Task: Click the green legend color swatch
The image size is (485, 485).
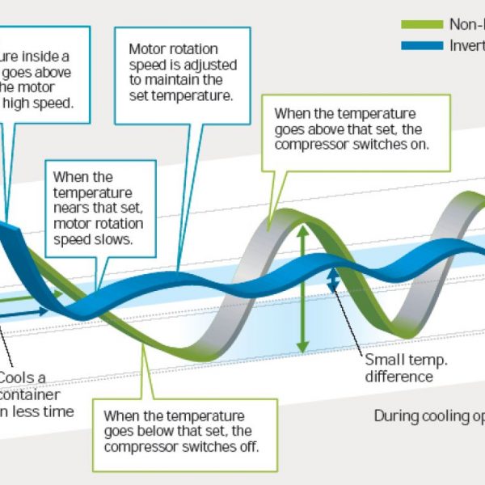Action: pos(422,24)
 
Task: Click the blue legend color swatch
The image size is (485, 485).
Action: pos(422,45)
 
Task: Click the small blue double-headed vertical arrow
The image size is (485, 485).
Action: pos(331,280)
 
